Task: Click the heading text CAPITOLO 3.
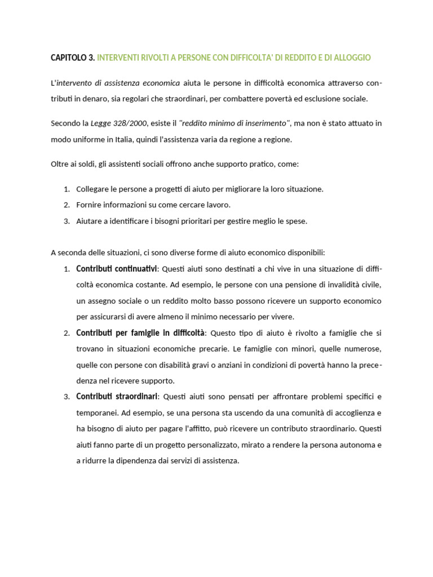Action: (73, 58)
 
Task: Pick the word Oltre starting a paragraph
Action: (60, 164)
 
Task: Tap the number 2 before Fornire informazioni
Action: (66, 205)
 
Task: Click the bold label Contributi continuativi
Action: (117, 268)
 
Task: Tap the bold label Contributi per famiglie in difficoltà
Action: (140, 333)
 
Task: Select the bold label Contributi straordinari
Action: (117, 397)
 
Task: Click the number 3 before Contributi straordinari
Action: (66, 397)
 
